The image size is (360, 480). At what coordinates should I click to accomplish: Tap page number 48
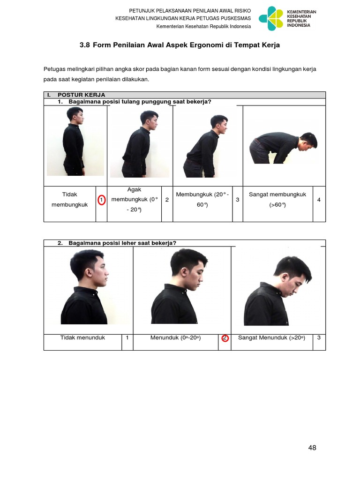coord(312,448)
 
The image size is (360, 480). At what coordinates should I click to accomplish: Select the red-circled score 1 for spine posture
coord(101,200)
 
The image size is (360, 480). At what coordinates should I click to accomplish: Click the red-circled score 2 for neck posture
coord(225,338)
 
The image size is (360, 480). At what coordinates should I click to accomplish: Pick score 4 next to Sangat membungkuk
coord(319,200)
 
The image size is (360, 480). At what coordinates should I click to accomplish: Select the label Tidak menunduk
coord(82,337)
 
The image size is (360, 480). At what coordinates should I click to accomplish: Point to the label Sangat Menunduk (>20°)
coord(271,337)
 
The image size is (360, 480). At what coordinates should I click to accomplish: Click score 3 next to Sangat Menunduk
coord(319,337)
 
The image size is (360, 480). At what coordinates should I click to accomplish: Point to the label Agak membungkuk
coord(134,199)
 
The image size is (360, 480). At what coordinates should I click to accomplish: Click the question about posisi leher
coord(122,243)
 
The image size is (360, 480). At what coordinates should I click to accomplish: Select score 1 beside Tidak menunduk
coord(127,337)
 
